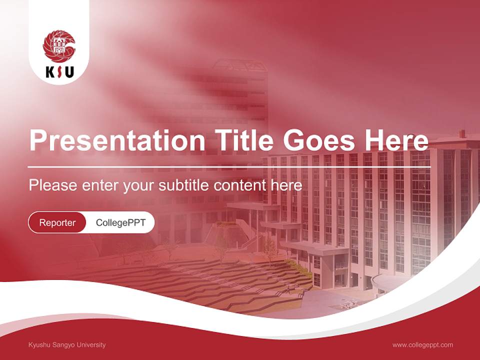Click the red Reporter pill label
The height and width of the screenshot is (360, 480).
(x=57, y=222)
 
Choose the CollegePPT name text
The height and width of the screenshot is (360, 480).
(x=120, y=222)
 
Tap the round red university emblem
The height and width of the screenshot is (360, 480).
(x=59, y=45)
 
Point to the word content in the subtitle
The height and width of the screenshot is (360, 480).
(x=240, y=185)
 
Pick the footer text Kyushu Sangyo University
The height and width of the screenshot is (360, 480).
(x=67, y=345)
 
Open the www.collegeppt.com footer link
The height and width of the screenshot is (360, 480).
(x=422, y=345)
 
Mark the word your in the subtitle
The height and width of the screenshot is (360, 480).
(x=138, y=186)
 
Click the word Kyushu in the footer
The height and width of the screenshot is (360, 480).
(x=39, y=345)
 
